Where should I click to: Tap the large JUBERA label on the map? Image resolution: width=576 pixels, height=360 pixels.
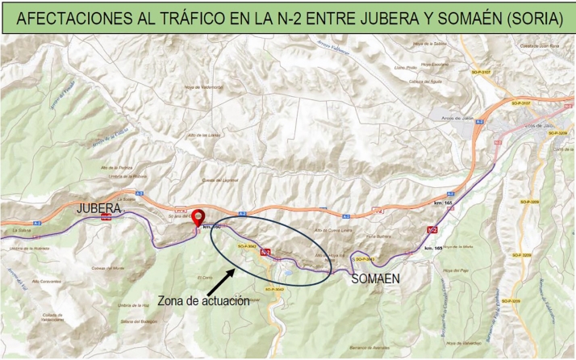point(98,208)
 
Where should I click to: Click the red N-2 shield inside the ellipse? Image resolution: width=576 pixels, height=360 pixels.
point(265,253)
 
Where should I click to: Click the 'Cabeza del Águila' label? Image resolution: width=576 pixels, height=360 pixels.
point(425,82)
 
